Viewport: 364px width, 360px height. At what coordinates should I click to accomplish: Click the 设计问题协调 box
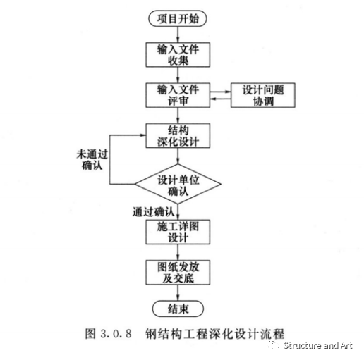[261, 95]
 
